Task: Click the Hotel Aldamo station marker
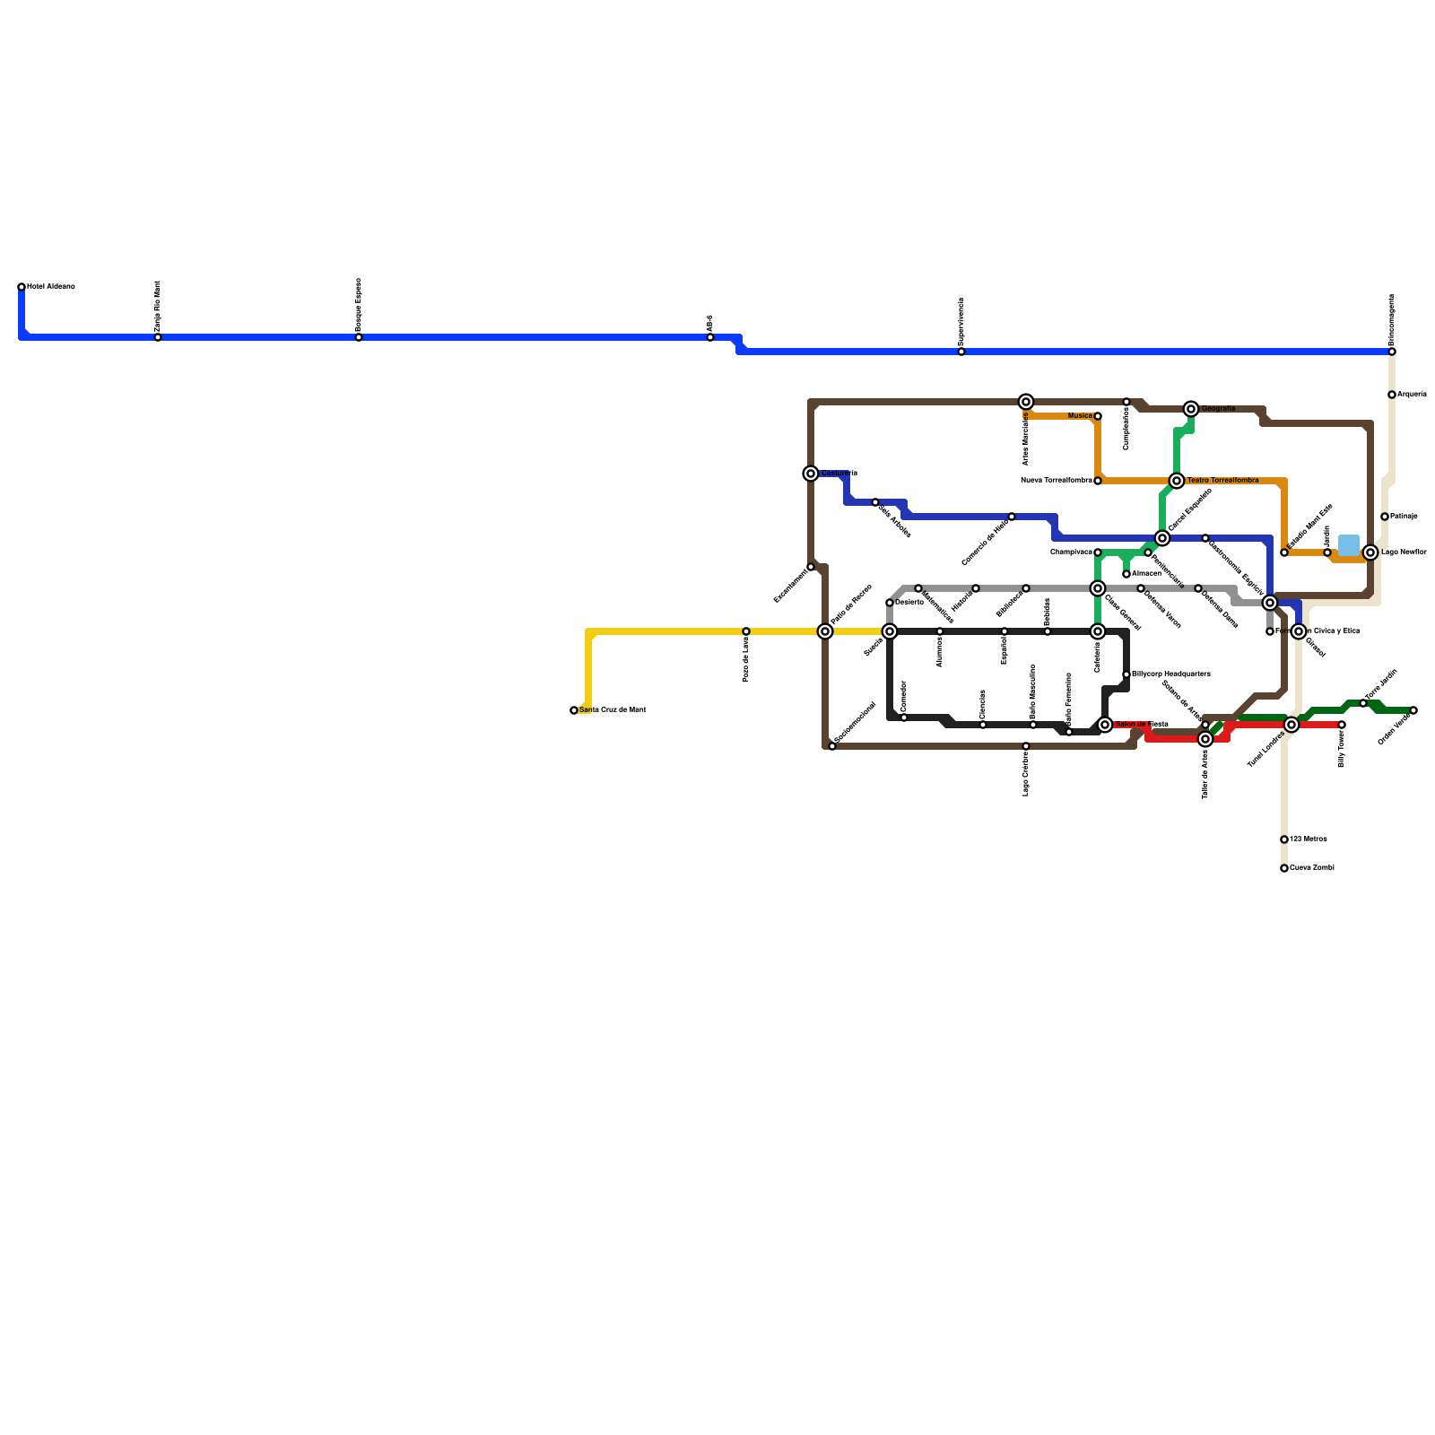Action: (22, 287)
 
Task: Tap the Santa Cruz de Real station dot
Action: (574, 710)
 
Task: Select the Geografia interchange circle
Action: (1191, 409)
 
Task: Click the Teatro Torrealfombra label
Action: (1222, 481)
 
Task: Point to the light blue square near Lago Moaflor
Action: (1348, 544)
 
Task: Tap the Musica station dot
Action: (1098, 416)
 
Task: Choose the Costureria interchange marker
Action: (811, 474)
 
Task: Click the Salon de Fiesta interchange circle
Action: (1105, 725)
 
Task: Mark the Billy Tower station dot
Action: (1342, 725)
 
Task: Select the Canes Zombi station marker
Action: (1284, 868)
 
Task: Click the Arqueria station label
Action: (1412, 395)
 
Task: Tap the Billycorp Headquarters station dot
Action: (1126, 674)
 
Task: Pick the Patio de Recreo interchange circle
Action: (825, 631)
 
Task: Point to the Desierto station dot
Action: (890, 603)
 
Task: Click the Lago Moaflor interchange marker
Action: (1370, 552)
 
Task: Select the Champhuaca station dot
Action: (1098, 552)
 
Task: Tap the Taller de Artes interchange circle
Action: (1205, 739)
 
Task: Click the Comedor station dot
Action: (904, 717)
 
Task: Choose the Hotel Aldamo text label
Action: (51, 287)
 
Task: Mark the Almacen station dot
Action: (1126, 574)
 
